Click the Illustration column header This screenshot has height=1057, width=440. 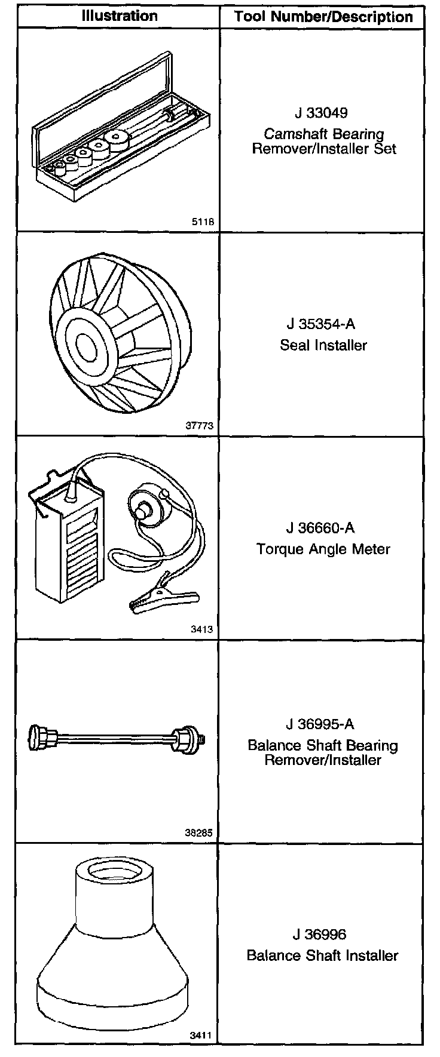tap(119, 16)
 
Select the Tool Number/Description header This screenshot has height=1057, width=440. tap(323, 17)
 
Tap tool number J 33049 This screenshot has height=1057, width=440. tap(320, 113)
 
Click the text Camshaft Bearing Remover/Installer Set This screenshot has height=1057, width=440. tap(323, 142)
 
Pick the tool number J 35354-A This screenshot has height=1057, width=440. tap(320, 324)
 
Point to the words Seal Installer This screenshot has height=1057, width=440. tap(323, 345)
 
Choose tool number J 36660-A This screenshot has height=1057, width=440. tap(320, 528)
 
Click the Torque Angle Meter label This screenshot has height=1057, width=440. tap(323, 549)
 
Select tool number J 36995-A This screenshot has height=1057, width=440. tap(320, 724)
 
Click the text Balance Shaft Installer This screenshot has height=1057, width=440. tap(322, 955)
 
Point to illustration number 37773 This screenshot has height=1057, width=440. tap(200, 426)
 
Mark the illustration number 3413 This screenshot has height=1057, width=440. tap(201, 629)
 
